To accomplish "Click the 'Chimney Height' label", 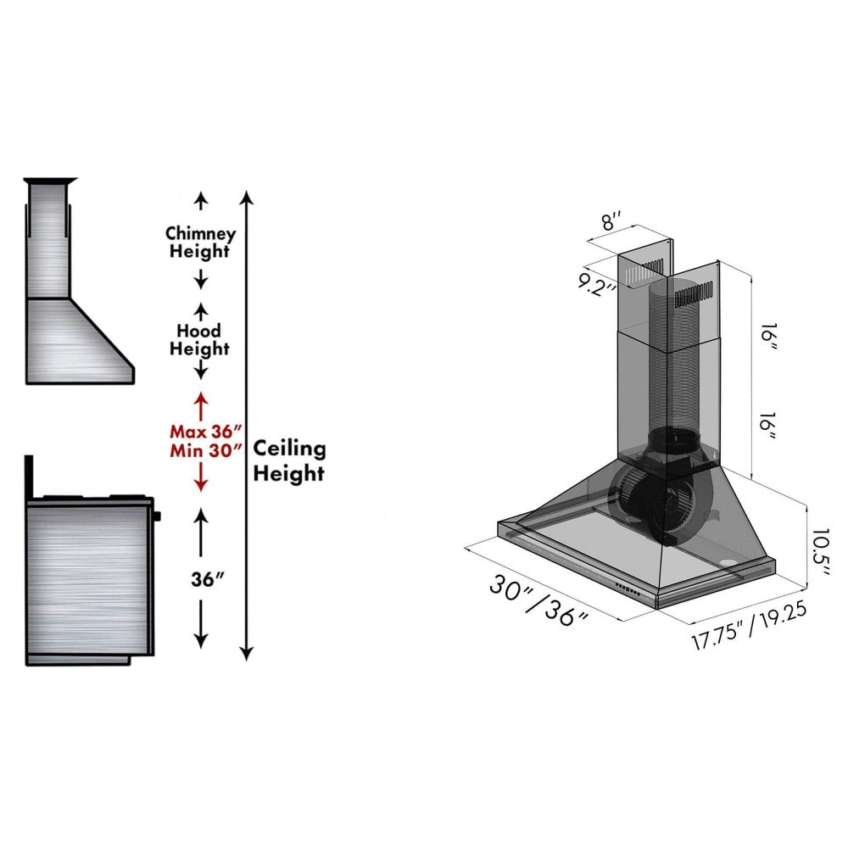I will [200, 242].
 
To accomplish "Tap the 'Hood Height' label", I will [199, 339].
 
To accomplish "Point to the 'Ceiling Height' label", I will [289, 460].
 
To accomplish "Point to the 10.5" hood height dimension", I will [818, 553].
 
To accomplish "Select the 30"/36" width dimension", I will [538, 600].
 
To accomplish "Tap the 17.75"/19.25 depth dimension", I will [747, 626].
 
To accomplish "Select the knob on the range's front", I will [158, 514].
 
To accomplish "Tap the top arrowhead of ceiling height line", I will [246, 198].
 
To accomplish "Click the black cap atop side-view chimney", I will [51, 181].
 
